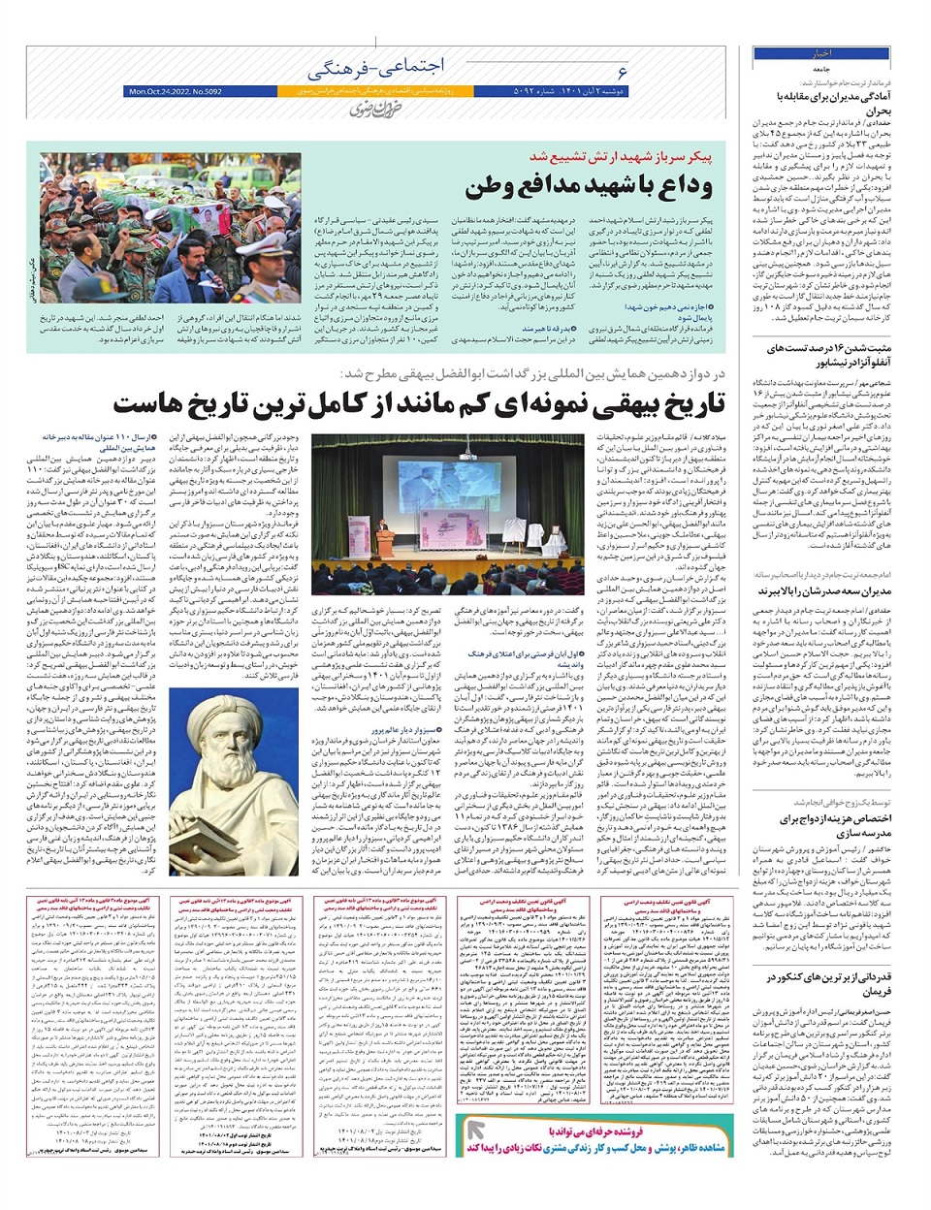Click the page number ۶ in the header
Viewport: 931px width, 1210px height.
click(x=622, y=71)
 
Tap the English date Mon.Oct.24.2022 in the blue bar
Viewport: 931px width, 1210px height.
click(x=175, y=91)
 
